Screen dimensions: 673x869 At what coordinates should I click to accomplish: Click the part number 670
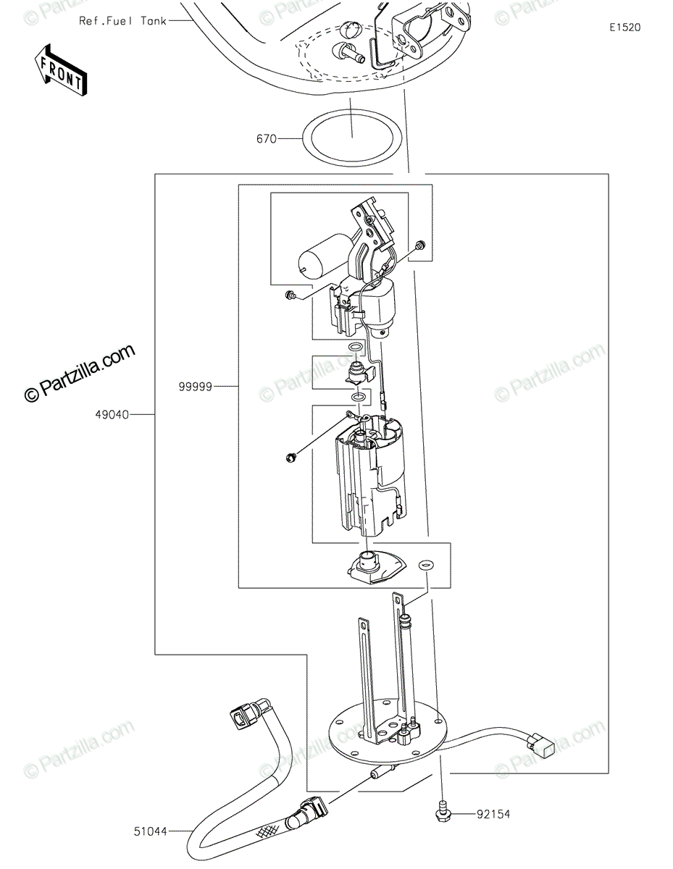click(267, 139)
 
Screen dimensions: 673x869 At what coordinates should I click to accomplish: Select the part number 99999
click(195, 387)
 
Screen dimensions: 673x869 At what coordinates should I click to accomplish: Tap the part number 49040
click(112, 415)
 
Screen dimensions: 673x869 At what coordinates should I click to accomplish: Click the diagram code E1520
click(625, 28)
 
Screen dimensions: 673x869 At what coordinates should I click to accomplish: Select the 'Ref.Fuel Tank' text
click(122, 21)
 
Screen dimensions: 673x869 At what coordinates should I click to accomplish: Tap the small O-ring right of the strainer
click(426, 565)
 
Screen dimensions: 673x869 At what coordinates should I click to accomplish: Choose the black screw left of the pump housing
click(291, 457)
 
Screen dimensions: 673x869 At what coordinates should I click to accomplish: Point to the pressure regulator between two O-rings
click(359, 372)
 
